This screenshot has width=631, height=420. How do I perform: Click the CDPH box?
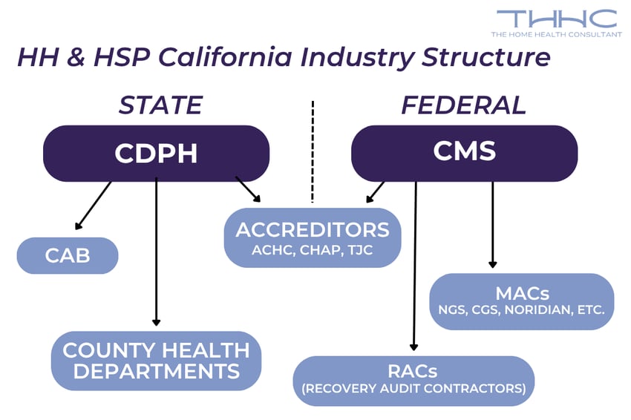point(156,153)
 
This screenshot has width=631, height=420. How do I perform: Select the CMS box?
point(464,153)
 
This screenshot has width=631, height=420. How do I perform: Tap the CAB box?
point(68,255)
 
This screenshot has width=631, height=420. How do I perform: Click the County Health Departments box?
point(156,360)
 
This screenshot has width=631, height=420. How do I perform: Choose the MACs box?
point(522,301)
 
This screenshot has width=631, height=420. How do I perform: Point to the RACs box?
point(413,380)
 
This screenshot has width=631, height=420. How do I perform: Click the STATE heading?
point(160,105)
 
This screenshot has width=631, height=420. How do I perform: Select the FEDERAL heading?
point(463,105)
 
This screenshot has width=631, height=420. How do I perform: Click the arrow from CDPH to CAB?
point(93,206)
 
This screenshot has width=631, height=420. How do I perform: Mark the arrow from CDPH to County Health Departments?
point(156,252)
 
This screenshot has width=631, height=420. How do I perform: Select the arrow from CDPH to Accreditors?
point(248,188)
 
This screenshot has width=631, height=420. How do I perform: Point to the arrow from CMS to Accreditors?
point(376,191)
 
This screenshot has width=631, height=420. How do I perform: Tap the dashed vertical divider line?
point(313,152)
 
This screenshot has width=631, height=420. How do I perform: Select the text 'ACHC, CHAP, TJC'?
point(313,251)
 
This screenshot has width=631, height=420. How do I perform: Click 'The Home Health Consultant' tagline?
point(556,35)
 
